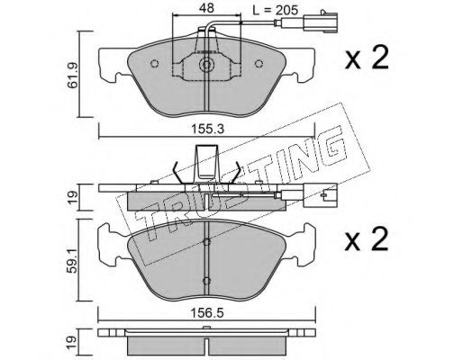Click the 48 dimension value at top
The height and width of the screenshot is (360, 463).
(x=206, y=8)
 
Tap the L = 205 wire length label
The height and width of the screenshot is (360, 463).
(x=276, y=11)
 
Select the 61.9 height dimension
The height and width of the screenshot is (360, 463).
(x=73, y=76)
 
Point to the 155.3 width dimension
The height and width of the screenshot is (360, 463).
(x=207, y=130)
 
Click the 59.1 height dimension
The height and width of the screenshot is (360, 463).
(x=73, y=259)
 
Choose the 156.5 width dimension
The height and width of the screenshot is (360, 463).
(x=207, y=313)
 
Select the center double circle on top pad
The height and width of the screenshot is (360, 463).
(x=206, y=65)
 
